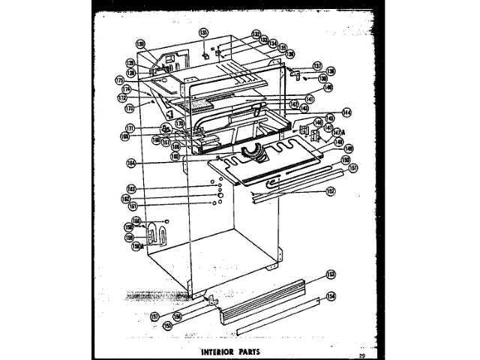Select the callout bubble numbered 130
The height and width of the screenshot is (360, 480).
click(140, 43)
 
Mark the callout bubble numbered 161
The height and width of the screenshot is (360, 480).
click(132, 206)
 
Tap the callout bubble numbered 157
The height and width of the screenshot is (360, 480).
click(155, 316)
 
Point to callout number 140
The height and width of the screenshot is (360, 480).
click(328, 88)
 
